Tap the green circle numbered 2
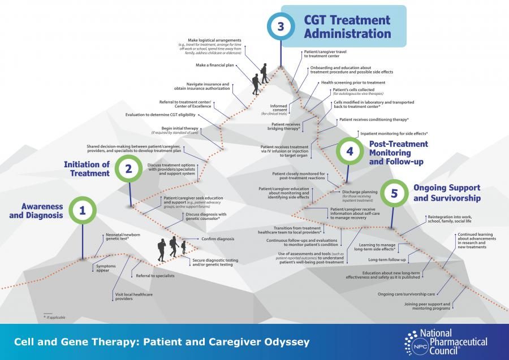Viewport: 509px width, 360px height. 128,168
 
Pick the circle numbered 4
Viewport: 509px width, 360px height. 350,151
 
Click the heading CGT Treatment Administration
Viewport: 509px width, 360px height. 347,27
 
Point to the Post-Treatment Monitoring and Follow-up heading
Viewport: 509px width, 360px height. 398,153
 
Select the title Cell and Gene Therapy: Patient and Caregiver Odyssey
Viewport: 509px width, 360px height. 161,342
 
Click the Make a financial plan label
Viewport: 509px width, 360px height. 215,65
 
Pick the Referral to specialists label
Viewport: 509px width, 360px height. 155,276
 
